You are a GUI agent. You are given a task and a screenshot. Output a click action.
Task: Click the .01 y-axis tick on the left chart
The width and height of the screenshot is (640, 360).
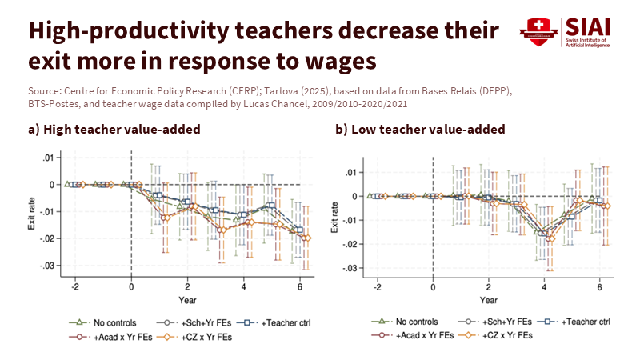[x=49, y=158]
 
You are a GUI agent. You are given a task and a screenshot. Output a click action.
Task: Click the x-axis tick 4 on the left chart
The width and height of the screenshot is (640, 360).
[x=243, y=286]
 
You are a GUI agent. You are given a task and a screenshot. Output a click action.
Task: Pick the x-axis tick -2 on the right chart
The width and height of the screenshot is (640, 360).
[x=375, y=286]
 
